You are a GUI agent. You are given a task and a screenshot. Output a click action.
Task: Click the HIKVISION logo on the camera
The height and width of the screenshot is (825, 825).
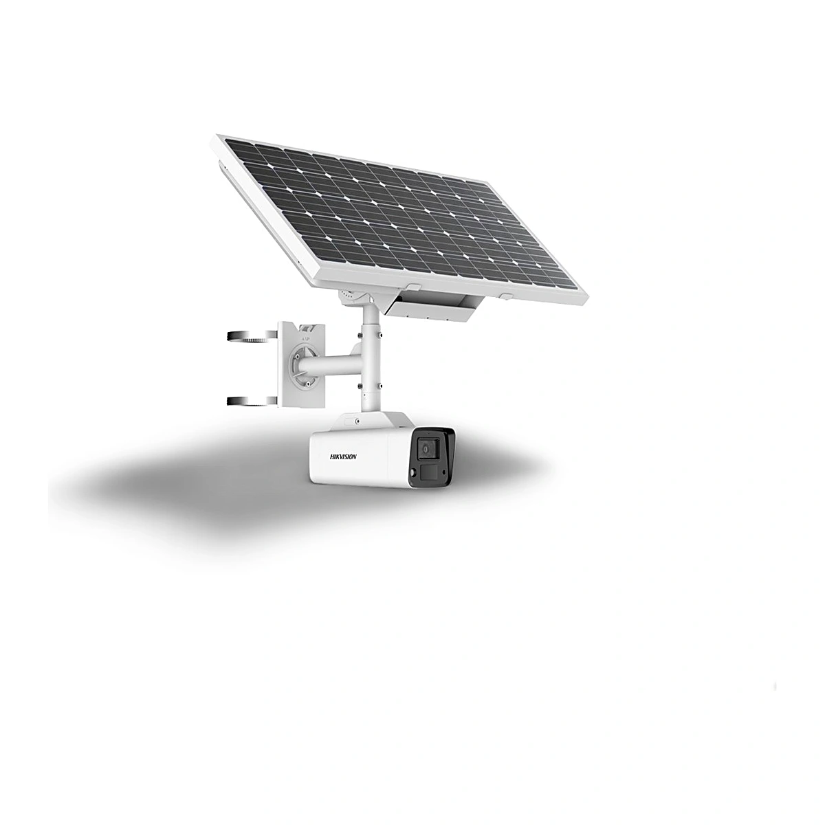pos(342,457)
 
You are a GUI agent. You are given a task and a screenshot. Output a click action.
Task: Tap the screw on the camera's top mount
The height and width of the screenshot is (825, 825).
pos(357,421)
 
